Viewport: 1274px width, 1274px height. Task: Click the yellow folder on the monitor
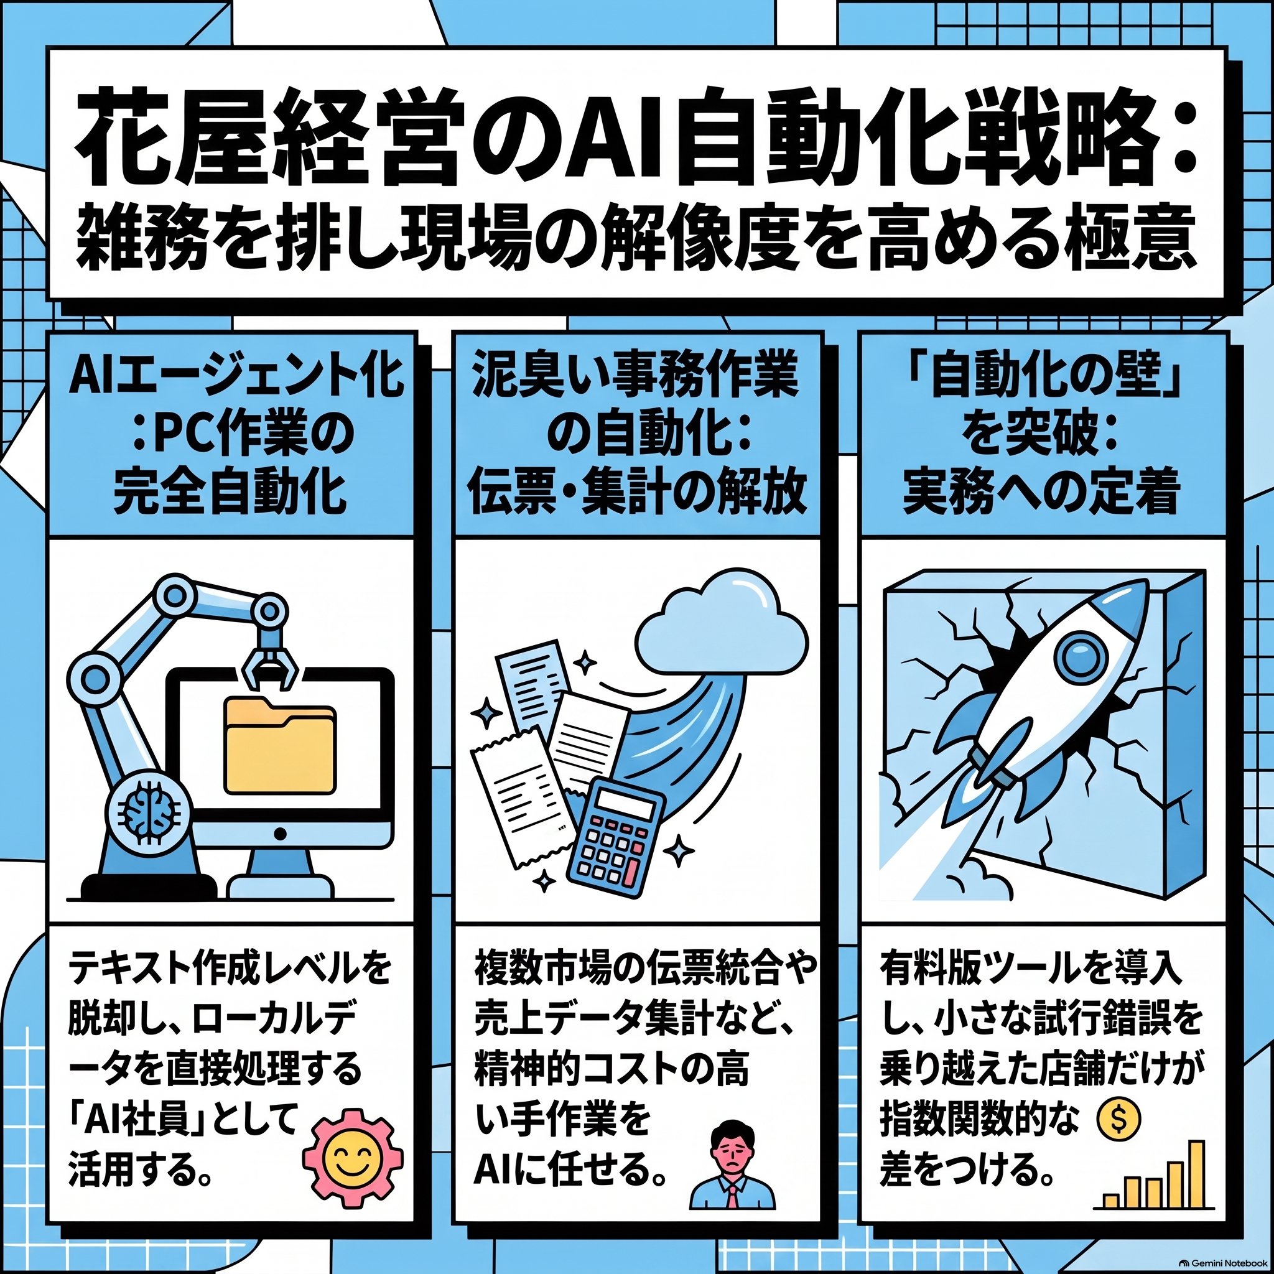point(279,746)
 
